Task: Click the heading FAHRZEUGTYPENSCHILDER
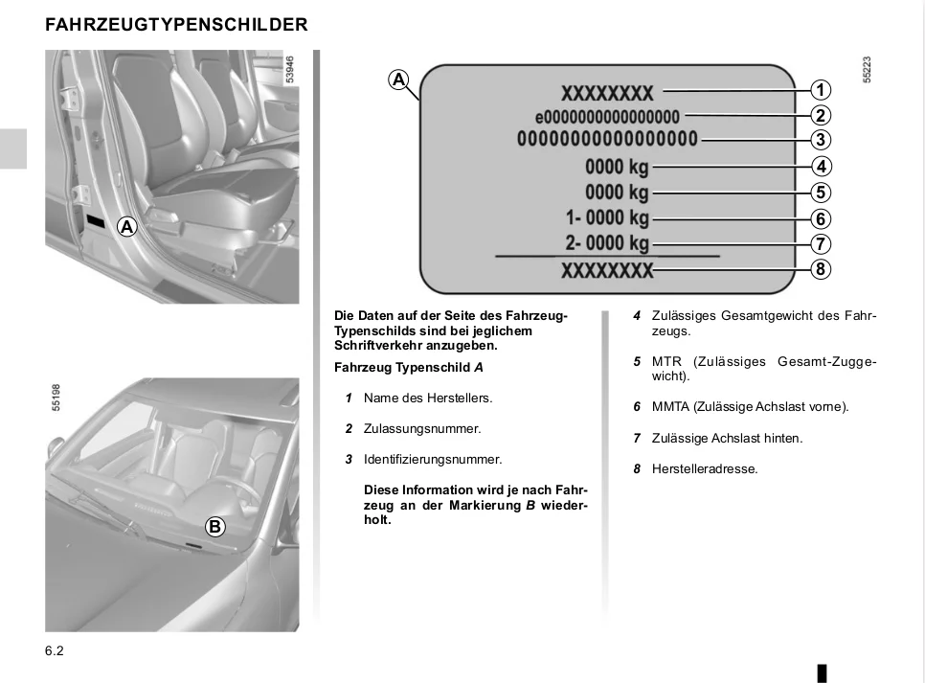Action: [176, 25]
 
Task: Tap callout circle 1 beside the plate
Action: [820, 91]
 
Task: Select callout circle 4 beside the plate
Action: [820, 166]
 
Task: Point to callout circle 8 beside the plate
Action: [820, 269]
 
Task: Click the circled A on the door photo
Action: [126, 227]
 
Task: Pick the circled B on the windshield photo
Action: [214, 526]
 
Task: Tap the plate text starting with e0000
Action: [607, 117]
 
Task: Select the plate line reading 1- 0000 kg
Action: [607, 217]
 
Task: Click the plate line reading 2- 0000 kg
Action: [607, 242]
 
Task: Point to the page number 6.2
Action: [54, 651]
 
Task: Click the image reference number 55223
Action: [867, 72]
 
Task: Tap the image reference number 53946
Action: [290, 72]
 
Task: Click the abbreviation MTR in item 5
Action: [666, 362]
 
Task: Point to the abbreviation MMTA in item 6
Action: [670, 407]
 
